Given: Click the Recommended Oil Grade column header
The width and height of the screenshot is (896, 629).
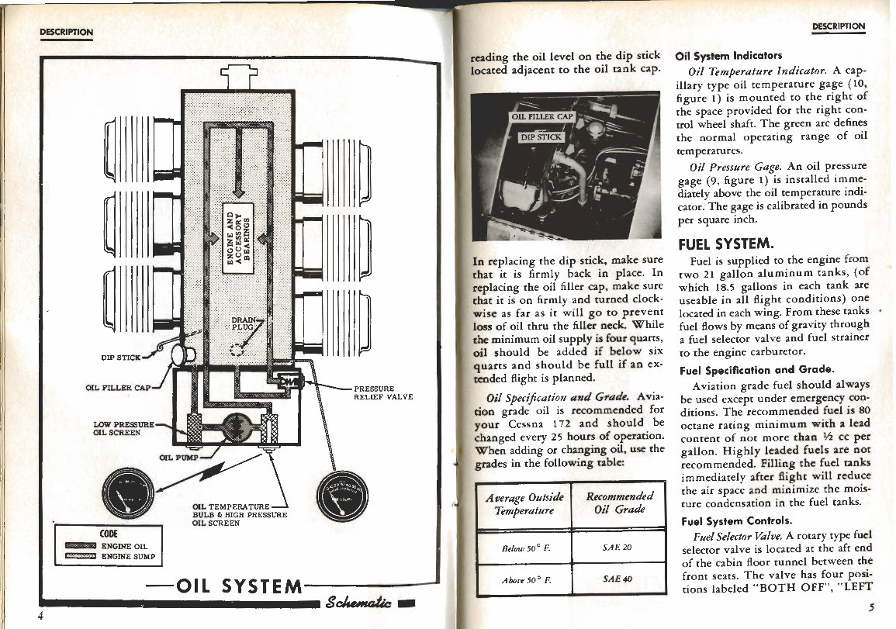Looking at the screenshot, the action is (619, 503).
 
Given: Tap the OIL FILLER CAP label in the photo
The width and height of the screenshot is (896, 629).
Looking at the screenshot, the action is (541, 117).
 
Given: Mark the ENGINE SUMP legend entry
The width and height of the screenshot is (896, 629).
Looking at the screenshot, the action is (130, 557).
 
